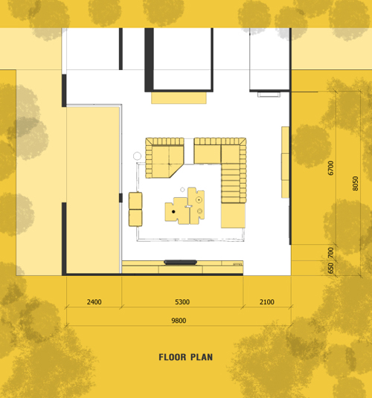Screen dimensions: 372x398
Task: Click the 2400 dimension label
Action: [94, 302]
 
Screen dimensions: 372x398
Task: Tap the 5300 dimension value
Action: [182, 302]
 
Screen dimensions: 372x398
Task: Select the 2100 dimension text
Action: [267, 302]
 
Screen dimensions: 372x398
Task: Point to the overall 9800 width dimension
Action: [179, 321]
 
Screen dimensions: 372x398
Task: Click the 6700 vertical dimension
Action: [330, 168]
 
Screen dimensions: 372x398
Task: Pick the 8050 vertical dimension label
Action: [355, 184]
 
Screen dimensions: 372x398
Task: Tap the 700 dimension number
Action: [330, 252]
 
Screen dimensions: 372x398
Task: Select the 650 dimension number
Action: [330, 268]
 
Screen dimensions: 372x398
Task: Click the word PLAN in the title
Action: [202, 357]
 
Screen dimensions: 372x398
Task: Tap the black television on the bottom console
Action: [180, 262]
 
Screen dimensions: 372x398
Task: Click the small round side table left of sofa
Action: [137, 155]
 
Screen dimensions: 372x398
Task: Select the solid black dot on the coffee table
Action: [173, 211]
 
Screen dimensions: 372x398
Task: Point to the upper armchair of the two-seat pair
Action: [135, 201]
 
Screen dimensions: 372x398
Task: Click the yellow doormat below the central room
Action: [179, 97]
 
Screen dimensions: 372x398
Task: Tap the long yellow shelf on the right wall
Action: [286, 162]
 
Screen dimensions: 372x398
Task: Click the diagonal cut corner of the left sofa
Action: [176, 171]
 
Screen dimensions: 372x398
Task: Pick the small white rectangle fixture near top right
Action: [269, 94]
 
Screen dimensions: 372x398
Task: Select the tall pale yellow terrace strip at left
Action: [93, 190]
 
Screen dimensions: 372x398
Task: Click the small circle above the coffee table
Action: [182, 190]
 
